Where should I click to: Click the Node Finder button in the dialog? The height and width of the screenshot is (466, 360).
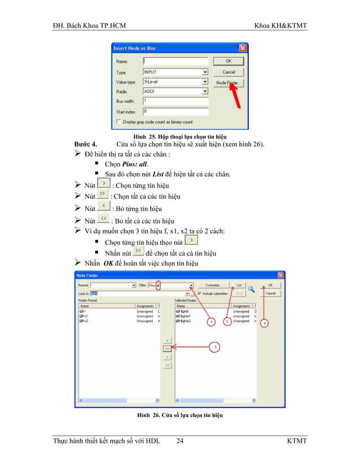point(229,83)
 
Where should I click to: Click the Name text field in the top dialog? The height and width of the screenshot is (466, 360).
point(175,61)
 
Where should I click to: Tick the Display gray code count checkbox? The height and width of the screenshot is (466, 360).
point(118,121)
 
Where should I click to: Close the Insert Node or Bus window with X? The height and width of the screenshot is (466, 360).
point(243,49)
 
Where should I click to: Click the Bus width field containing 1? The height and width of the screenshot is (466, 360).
point(175,101)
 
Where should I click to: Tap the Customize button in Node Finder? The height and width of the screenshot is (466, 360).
point(213,285)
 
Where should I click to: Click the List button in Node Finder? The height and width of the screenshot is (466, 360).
point(239,285)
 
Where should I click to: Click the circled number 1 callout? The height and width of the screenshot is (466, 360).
point(210,322)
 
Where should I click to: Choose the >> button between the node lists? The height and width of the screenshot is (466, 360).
point(167,349)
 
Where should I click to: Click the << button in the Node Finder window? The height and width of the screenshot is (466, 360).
point(167,365)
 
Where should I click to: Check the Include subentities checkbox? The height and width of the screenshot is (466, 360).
point(199,293)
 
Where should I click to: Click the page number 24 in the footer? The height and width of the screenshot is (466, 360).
point(179,440)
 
